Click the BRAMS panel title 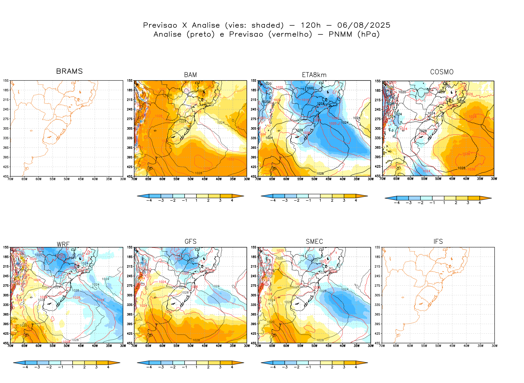[x=69, y=71]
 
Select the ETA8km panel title [x=314, y=75]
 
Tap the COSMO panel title [x=442, y=72]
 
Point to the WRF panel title [x=63, y=244]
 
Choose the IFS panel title [x=438, y=242]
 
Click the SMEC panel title [x=314, y=242]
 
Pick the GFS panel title [x=190, y=242]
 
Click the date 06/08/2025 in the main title [x=364, y=25]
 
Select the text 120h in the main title [x=311, y=25]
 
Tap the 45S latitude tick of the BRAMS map [x=6, y=176]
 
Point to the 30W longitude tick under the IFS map [x=494, y=346]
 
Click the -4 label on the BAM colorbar [x=149, y=201]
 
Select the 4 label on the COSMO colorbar [x=480, y=203]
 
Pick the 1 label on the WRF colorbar [x=73, y=367]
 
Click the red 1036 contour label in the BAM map [x=207, y=169]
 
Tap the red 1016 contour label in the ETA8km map [x=305, y=100]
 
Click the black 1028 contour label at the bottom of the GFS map [x=196, y=340]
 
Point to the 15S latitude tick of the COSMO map [x=378, y=81]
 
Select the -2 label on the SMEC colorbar [x=296, y=367]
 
